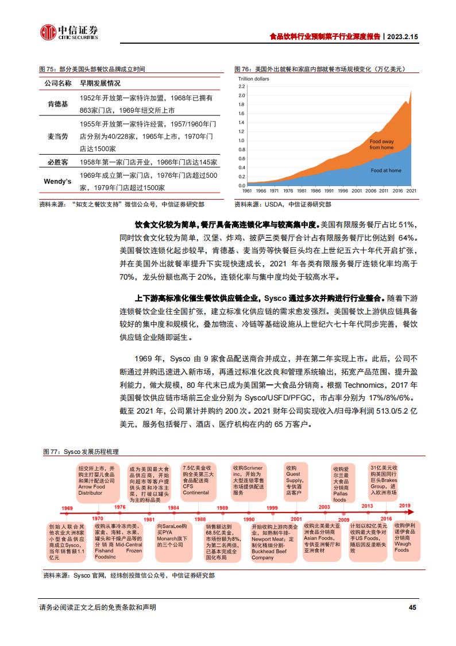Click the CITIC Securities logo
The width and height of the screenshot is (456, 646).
point(68,32)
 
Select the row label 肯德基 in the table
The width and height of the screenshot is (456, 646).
point(57,104)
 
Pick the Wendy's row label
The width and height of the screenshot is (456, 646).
point(57,181)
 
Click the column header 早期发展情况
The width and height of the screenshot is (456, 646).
point(100,83)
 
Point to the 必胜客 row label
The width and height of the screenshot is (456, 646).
point(57,162)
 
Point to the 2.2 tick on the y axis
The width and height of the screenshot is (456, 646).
point(241,86)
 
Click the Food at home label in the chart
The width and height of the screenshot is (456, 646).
point(385,170)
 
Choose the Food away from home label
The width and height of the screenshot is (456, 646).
point(381,144)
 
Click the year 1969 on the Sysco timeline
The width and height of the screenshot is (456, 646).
point(67,508)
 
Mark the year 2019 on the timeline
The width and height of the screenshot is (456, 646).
point(405,506)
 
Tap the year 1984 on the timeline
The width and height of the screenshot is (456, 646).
point(173,507)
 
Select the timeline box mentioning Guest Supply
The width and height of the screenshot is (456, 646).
point(293,480)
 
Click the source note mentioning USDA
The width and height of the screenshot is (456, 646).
point(283,204)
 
